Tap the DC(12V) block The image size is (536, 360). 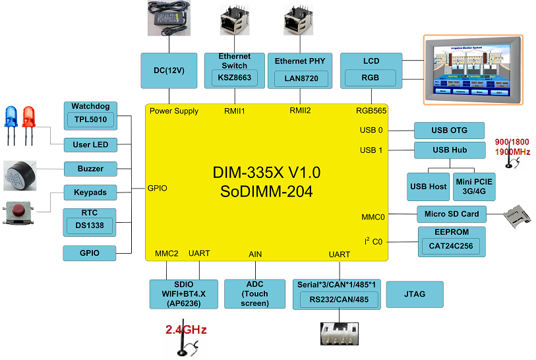tap(169, 71)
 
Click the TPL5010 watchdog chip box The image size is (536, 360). tap(90, 120)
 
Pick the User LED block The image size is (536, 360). tap(90, 144)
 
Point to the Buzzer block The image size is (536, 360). tap(90, 168)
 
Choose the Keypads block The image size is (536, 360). tap(90, 193)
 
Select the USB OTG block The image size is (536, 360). tap(449, 130)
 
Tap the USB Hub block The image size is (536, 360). tap(449, 150)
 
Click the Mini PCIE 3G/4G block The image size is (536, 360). tap(473, 187)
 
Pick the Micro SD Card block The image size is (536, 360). tap(452, 214)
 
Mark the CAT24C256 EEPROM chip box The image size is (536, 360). tap(452, 247)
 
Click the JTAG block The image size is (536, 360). tap(414, 294)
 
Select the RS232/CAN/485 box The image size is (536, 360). tap(339, 300)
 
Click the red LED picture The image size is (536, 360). tap(29, 119)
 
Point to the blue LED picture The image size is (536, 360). tap(11, 119)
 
